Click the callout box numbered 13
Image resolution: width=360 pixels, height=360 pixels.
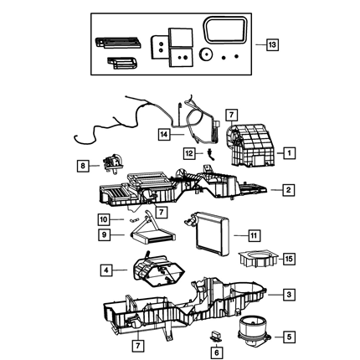click(x=272, y=44)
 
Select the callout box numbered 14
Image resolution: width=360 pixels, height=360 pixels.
click(x=164, y=135)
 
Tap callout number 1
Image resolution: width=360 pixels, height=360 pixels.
click(x=289, y=153)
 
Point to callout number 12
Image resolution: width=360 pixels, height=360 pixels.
click(x=189, y=153)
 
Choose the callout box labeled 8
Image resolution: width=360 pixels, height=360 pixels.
click(x=83, y=166)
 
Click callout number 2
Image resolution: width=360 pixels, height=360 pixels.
click(x=288, y=190)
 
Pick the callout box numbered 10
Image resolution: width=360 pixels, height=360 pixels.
click(x=104, y=219)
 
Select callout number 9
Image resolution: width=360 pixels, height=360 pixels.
click(x=104, y=234)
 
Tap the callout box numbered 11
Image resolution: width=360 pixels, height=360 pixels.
click(x=254, y=236)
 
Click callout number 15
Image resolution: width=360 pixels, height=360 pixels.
click(x=289, y=259)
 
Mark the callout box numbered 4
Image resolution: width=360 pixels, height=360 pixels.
click(x=106, y=270)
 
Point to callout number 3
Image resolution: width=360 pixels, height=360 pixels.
click(x=289, y=294)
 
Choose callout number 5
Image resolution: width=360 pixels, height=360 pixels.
click(x=289, y=337)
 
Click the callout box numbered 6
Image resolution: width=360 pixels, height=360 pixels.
click(x=217, y=352)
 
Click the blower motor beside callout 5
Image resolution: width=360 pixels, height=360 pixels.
click(x=254, y=332)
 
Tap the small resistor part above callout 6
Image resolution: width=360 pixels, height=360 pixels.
click(x=216, y=336)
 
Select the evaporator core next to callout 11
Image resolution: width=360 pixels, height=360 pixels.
click(x=208, y=234)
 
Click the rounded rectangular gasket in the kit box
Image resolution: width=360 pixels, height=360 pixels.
click(x=225, y=30)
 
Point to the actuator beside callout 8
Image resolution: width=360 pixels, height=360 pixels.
click(x=113, y=164)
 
